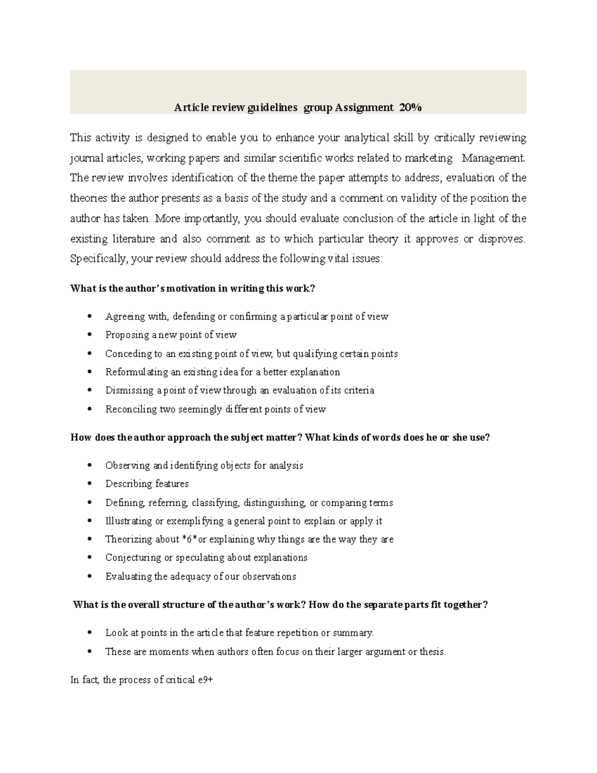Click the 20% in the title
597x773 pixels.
[x=410, y=108]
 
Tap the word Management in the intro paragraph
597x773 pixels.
[x=493, y=158]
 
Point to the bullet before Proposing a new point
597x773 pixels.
[x=89, y=335]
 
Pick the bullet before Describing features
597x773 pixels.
[x=89, y=484]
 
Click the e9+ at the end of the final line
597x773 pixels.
[x=205, y=680]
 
